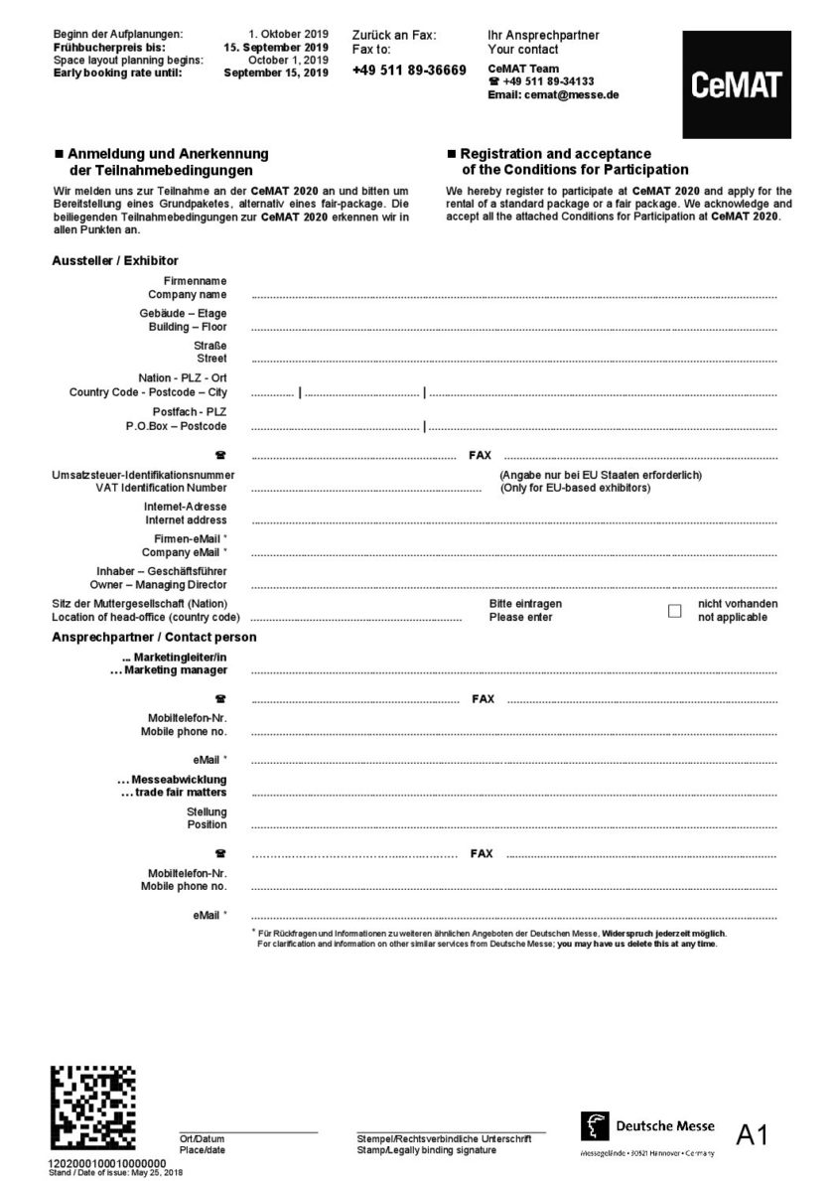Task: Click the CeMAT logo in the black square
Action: (x=736, y=85)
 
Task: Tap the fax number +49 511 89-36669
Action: (x=409, y=70)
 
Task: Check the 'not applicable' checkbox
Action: (x=675, y=611)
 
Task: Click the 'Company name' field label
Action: (x=188, y=295)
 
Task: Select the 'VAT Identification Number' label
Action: (x=161, y=488)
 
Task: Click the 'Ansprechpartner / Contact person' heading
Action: (x=154, y=637)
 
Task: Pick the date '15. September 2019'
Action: (x=275, y=47)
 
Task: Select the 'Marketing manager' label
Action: (x=169, y=670)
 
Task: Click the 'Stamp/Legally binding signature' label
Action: (x=426, y=1150)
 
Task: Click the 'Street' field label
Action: (x=210, y=359)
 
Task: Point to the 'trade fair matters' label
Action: (x=174, y=792)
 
